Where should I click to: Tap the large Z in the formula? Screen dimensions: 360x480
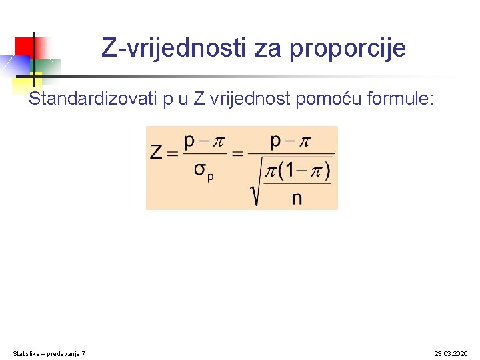(157, 153)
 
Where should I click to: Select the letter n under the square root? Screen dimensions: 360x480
(297, 198)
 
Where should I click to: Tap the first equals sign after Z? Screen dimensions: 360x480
(173, 153)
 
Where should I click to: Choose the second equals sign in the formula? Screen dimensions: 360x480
(237, 153)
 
